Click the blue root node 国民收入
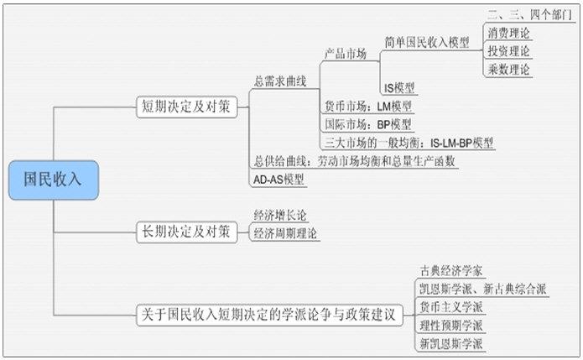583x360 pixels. coord(54,180)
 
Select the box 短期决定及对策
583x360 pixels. coord(187,107)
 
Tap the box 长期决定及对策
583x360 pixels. coord(187,232)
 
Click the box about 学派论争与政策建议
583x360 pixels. coord(269,316)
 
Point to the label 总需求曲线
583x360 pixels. coord(280,81)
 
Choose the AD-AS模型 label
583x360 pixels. coord(278,180)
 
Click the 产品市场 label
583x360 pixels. coord(346,54)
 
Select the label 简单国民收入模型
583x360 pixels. coord(427,43)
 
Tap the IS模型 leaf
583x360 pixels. coord(399,88)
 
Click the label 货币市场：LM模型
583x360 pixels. coord(368,107)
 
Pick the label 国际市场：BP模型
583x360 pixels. coord(368,124)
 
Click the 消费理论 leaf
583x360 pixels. coord(508,33)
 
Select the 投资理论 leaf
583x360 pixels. coord(508,51)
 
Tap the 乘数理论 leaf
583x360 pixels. coord(508,70)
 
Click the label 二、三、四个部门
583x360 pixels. coord(530,15)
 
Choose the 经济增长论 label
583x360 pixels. coord(280,216)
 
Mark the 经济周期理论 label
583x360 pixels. coord(285,233)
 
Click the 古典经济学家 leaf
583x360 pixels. coord(451,271)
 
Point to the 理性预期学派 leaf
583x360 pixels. coord(451,326)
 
